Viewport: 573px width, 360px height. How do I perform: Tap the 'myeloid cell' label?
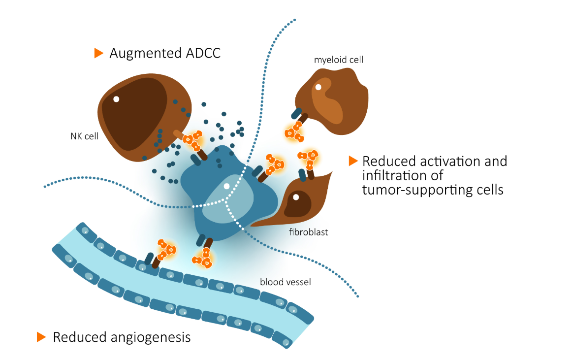click(x=338, y=60)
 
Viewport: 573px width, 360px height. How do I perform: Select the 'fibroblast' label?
click(x=309, y=231)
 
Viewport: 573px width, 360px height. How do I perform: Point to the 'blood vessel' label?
click(x=286, y=282)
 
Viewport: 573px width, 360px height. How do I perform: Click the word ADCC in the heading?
click(x=200, y=53)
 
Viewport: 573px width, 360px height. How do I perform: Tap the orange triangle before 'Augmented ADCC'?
click(x=98, y=53)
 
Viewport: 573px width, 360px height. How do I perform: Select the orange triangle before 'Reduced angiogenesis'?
click(x=41, y=337)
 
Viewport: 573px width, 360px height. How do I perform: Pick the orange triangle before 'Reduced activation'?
click(x=352, y=161)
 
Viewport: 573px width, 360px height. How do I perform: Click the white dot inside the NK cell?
click(x=116, y=99)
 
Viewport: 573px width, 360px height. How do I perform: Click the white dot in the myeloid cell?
click(x=318, y=87)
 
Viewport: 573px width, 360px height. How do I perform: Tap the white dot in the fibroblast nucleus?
click(x=296, y=197)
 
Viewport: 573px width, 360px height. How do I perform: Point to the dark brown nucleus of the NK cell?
click(x=138, y=113)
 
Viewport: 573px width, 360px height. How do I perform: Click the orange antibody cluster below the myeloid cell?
click(x=293, y=131)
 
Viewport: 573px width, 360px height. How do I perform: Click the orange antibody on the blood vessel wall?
click(x=165, y=249)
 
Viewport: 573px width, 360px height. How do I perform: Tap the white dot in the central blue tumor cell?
click(x=226, y=186)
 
